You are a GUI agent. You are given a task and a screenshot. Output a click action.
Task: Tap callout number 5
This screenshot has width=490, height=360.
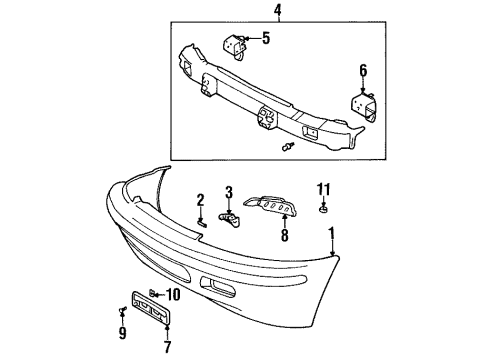tap(266, 40)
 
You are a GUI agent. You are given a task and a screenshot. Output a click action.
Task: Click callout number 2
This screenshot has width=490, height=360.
tap(200, 198)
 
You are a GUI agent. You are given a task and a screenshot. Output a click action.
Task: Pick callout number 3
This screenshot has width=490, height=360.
tap(228, 192)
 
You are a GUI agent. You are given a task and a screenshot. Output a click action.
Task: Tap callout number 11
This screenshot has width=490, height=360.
tap(322, 188)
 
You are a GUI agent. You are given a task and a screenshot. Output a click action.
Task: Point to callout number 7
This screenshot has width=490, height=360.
tap(166, 343)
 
